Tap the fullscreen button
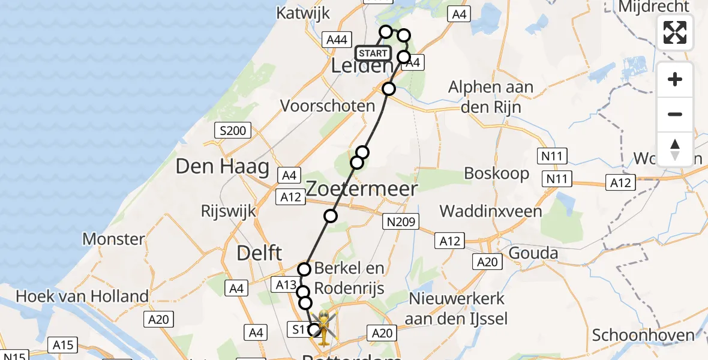coord(675,32)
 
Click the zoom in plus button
coord(675,79)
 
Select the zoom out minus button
coord(675,114)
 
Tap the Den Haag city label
coord(222,167)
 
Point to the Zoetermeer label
coord(361,189)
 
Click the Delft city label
coord(259,253)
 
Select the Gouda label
coord(533,253)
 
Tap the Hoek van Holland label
coord(82,296)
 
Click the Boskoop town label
coord(497,173)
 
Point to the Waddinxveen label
coord(491,211)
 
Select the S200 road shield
coord(233,130)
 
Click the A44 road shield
coord(335,40)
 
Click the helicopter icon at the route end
coord(323,328)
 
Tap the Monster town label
coord(113,239)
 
